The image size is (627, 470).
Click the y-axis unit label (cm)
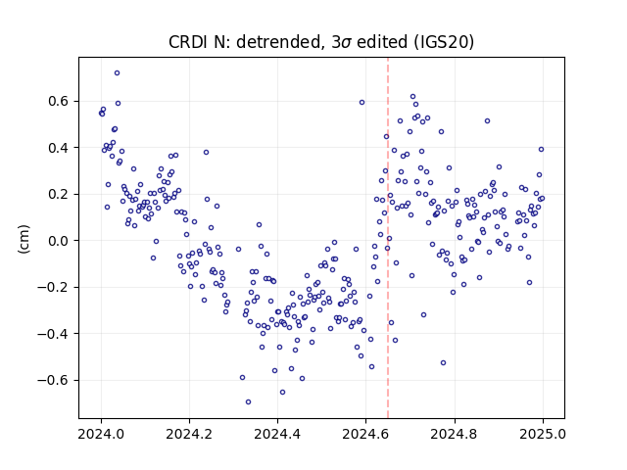[24, 239]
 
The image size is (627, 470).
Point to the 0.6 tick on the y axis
[60, 101]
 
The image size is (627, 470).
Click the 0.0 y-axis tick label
[60, 241]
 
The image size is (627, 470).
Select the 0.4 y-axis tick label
[60, 148]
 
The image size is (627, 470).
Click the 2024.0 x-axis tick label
[101, 434]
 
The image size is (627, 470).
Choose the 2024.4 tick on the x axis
[277, 434]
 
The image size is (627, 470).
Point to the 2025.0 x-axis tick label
[543, 434]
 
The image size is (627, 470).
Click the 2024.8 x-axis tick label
[455, 434]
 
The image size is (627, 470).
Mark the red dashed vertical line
[388, 238]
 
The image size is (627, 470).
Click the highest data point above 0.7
[117, 73]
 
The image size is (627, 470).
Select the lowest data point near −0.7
[248, 402]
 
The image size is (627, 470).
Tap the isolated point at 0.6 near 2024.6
[362, 102]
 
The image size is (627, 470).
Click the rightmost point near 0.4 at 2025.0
[541, 150]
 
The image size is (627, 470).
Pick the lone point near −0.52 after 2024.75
[443, 363]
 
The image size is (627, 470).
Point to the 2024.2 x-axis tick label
[189, 434]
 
